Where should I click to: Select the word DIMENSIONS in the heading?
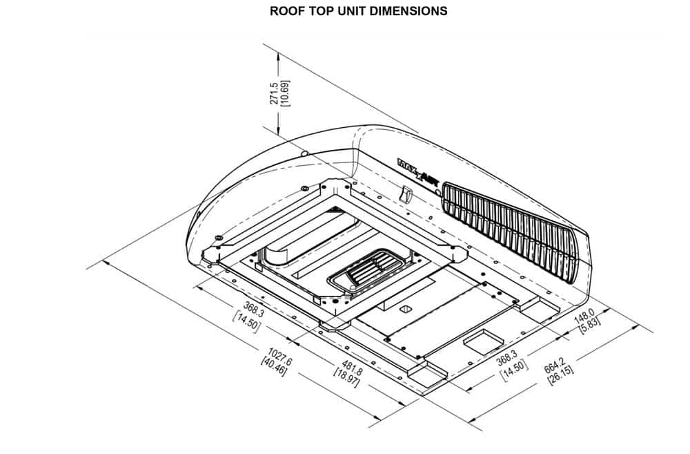click(408, 11)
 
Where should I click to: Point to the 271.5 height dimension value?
click(274, 93)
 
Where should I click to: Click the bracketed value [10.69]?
click(285, 93)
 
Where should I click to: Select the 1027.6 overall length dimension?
click(280, 355)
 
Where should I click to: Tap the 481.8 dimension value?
click(353, 368)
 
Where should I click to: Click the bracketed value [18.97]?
click(347, 378)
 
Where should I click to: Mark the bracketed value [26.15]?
click(560, 375)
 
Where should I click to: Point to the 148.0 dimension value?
click(584, 316)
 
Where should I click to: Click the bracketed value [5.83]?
click(590, 326)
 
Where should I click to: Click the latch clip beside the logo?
click(406, 194)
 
